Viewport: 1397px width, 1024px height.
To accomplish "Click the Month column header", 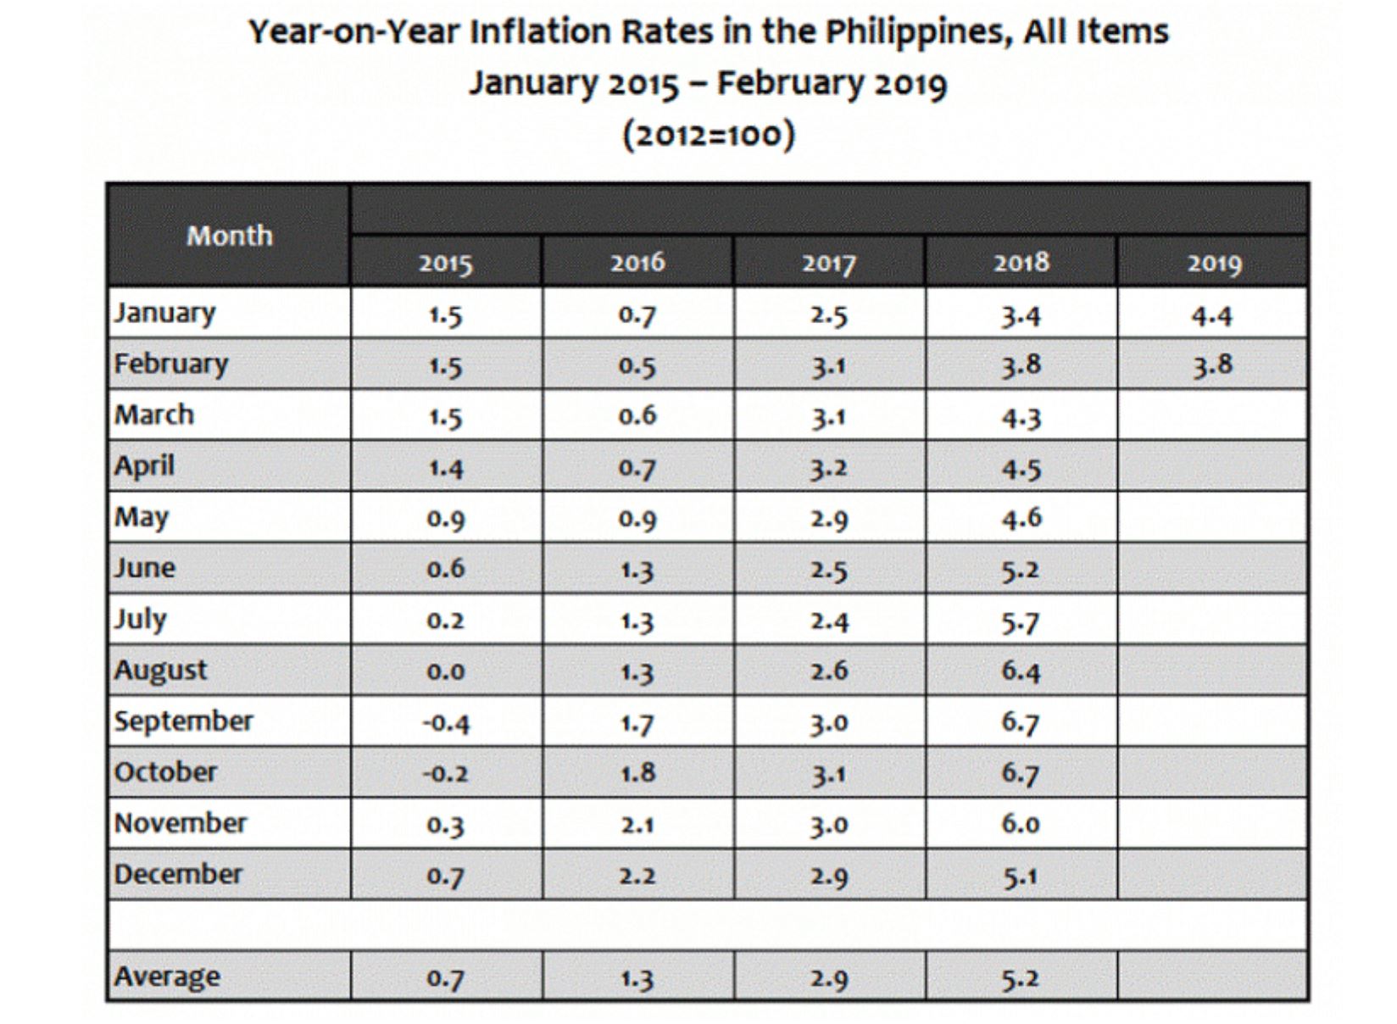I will tap(230, 235).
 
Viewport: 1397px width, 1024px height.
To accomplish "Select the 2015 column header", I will tap(445, 263).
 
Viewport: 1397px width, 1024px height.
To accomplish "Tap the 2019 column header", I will tap(1213, 263).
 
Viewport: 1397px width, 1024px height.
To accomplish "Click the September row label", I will tap(183, 721).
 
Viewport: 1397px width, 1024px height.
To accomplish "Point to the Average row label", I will tap(167, 977).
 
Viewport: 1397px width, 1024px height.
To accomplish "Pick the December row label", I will tap(178, 874).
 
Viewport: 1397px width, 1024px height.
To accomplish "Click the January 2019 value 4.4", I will tap(1211, 315).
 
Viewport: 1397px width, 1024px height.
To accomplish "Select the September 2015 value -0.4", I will tap(445, 723).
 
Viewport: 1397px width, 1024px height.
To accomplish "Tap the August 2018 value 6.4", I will tap(1021, 671).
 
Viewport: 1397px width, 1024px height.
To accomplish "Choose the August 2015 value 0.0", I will tap(445, 671).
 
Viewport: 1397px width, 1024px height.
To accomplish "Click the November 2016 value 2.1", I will tap(637, 824).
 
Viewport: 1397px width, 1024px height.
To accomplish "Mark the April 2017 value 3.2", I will tap(828, 468).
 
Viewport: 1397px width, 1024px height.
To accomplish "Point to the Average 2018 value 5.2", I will tap(1020, 978).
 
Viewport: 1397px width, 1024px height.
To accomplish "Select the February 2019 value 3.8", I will tap(1212, 366).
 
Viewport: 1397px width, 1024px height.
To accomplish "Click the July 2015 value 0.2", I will tap(445, 621).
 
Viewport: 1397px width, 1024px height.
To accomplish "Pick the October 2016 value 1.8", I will tap(637, 773).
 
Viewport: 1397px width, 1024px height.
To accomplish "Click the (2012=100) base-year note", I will tap(709, 134).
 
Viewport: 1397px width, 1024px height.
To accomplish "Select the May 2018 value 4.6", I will tap(1021, 518).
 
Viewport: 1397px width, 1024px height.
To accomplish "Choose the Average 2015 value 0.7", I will tap(445, 978).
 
